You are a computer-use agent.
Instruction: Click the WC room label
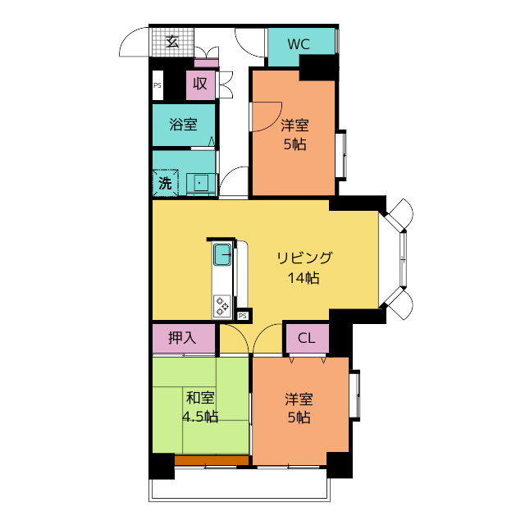(299, 44)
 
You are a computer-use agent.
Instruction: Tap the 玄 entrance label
(172, 42)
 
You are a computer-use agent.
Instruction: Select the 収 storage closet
(200, 84)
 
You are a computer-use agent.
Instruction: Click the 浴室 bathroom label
(183, 125)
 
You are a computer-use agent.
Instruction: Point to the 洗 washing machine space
(166, 183)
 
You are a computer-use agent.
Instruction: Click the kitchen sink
(222, 254)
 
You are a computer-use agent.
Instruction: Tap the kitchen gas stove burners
(222, 306)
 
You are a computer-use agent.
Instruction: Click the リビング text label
(304, 258)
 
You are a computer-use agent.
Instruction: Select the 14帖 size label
(304, 277)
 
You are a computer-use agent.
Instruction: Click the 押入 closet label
(182, 338)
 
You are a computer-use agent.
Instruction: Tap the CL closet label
(307, 338)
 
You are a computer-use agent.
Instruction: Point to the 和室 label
(200, 398)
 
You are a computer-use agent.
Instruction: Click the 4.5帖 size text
(200, 417)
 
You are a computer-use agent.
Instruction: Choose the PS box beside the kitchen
(243, 316)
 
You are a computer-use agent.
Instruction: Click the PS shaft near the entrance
(157, 85)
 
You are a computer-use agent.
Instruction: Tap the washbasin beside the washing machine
(200, 184)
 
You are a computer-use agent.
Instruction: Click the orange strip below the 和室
(212, 460)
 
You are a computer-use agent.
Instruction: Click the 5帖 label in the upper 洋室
(295, 144)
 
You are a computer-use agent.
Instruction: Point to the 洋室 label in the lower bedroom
(299, 399)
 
